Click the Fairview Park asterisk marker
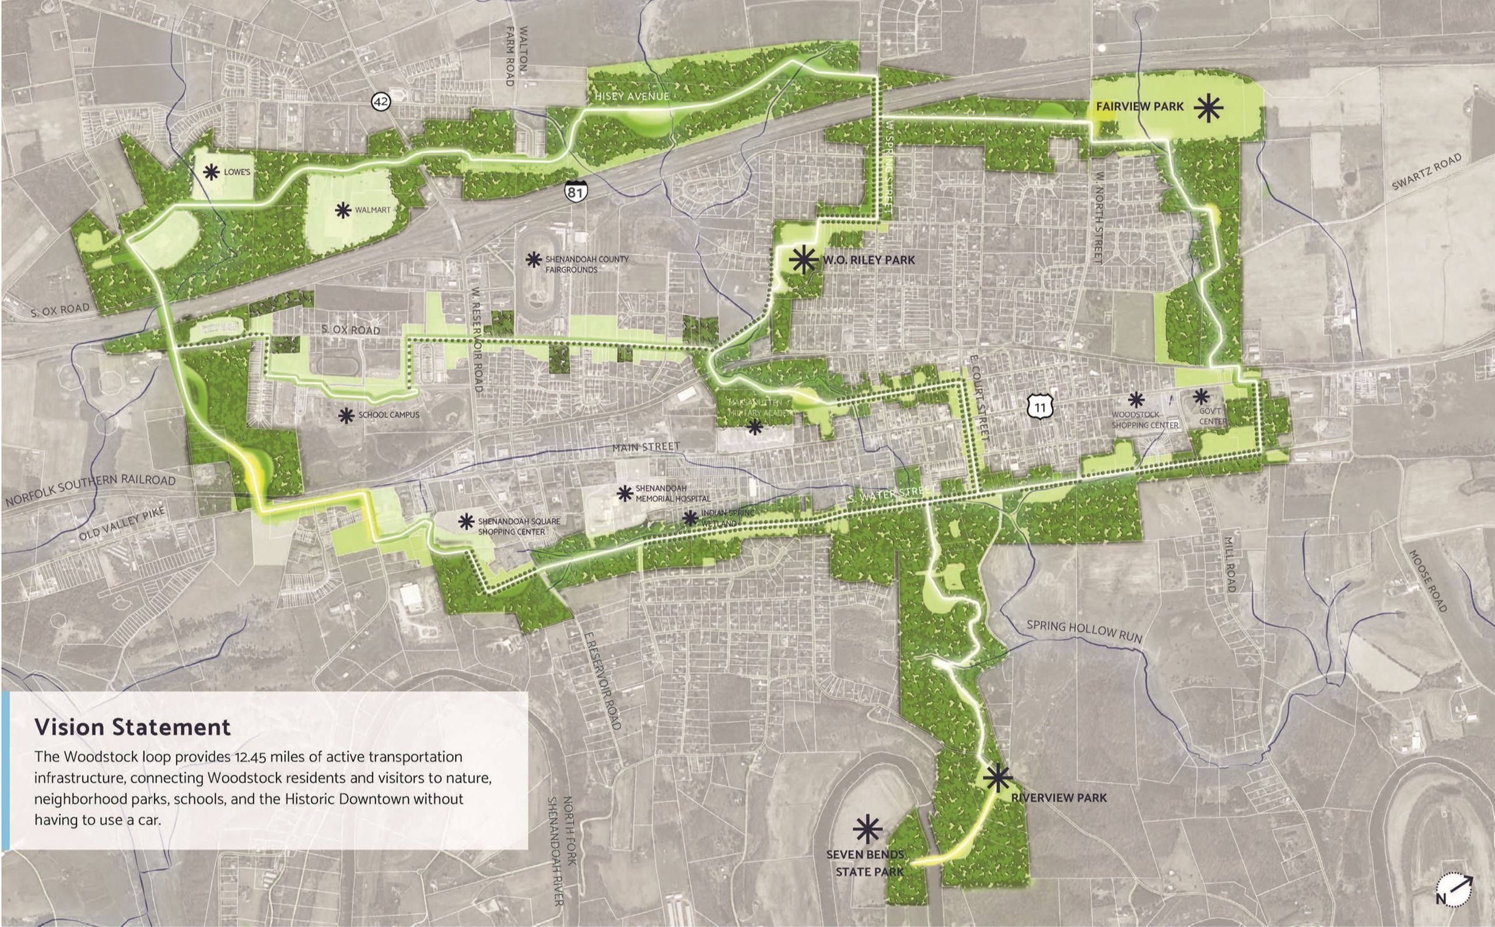(x=1208, y=109)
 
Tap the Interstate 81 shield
(x=576, y=191)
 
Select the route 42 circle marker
(x=381, y=101)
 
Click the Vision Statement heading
(x=132, y=727)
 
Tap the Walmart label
(x=372, y=210)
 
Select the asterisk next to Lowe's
(x=212, y=172)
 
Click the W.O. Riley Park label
(x=869, y=260)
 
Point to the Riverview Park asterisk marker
(x=998, y=778)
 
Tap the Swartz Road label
(x=1426, y=172)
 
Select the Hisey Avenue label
(x=631, y=96)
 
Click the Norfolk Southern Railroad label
(x=91, y=489)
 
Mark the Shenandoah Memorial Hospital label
(x=673, y=494)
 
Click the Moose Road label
(x=1427, y=580)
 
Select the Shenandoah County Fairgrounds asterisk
(x=534, y=260)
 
